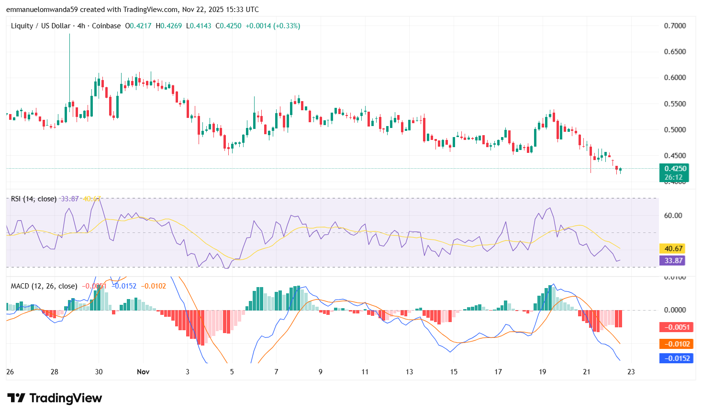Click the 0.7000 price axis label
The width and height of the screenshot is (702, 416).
pos(675,26)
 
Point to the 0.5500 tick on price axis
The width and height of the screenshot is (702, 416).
pos(675,104)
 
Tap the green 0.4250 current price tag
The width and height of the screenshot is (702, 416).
pos(675,169)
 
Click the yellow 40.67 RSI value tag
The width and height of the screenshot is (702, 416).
pos(673,249)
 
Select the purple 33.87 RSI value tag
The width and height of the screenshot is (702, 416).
pos(673,261)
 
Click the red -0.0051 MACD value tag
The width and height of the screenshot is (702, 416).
pos(676,327)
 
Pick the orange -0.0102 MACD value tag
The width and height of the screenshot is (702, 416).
pos(676,344)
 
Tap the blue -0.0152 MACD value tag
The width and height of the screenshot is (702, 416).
pos(676,358)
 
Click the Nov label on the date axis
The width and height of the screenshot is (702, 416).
pos(143,372)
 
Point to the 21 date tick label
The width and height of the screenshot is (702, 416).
pos(587,372)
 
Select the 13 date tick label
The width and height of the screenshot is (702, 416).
pos(409,372)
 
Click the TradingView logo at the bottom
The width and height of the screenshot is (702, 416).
pos(55,398)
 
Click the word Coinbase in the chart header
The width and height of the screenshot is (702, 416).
pos(106,26)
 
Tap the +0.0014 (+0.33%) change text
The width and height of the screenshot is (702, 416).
pos(273,26)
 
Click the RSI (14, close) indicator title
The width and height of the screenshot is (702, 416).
pos(33,199)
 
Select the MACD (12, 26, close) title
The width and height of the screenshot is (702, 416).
pos(44,286)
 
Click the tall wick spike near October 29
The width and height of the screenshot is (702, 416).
pos(69,62)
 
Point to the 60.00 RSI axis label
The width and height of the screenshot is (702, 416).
pos(673,216)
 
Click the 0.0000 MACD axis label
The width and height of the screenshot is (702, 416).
pos(675,310)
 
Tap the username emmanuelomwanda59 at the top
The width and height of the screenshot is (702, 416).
pos(38,10)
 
